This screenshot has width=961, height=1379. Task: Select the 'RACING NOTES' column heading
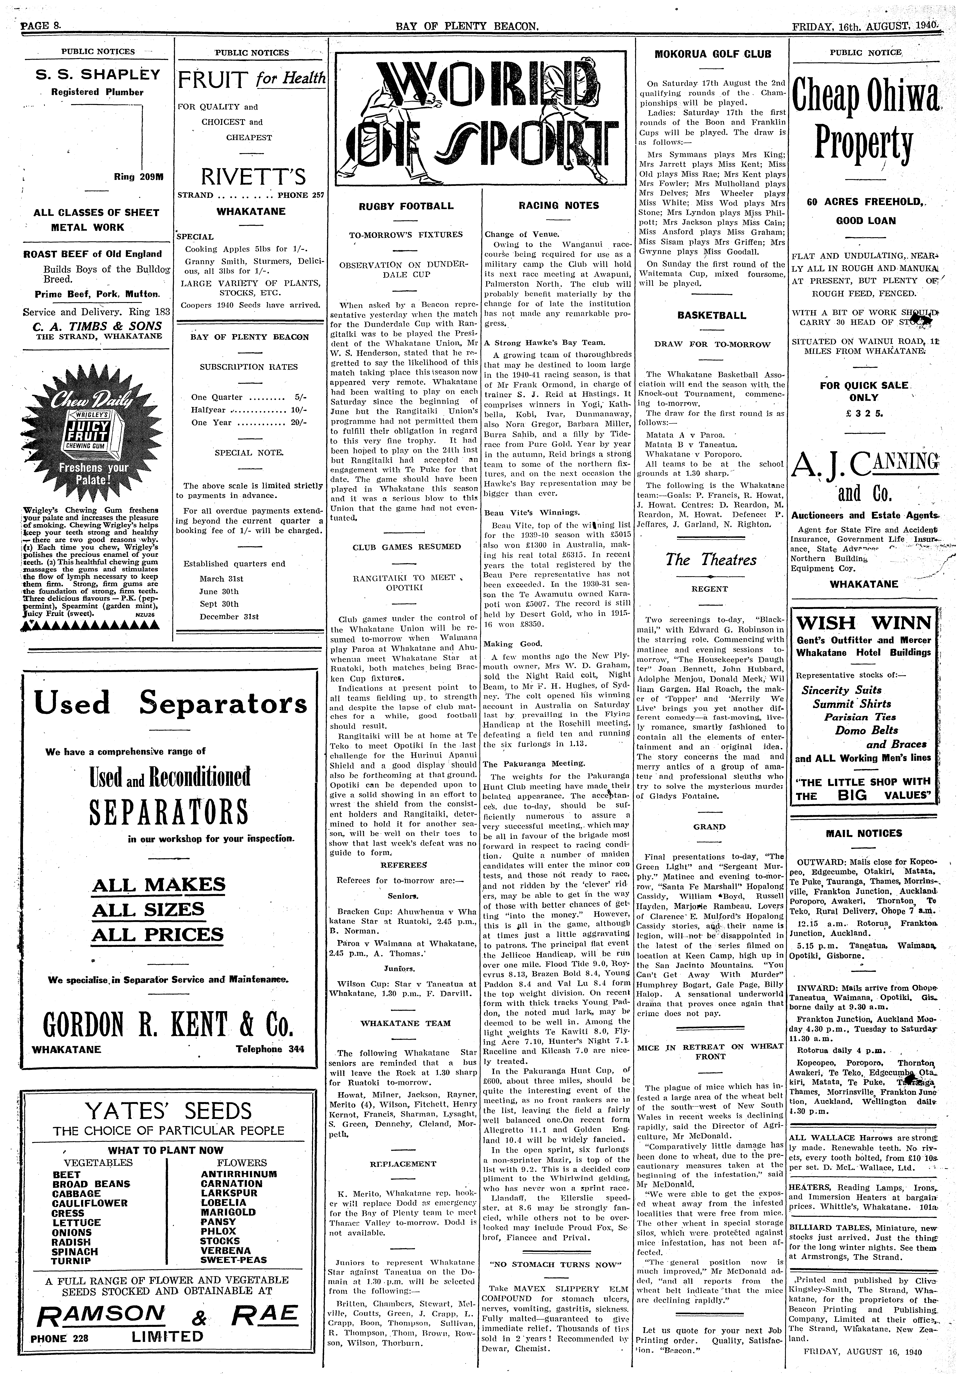[x=558, y=205]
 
